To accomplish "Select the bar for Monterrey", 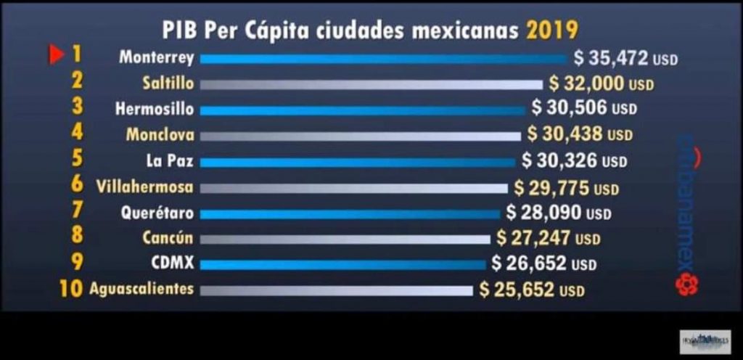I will (383, 59).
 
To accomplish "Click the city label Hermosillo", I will (155, 110).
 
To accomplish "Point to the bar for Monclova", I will (360, 136).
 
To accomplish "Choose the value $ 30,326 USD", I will (572, 160).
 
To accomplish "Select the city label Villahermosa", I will (145, 187).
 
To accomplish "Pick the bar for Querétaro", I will (350, 214).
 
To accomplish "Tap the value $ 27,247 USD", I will (549, 237).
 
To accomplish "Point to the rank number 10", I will (70, 288).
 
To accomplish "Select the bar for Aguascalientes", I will (335, 291).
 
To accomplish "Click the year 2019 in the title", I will (552, 31).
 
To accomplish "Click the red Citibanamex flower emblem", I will (686, 285).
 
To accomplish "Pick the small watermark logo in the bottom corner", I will (705, 341).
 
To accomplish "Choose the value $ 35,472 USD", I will (625, 58).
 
